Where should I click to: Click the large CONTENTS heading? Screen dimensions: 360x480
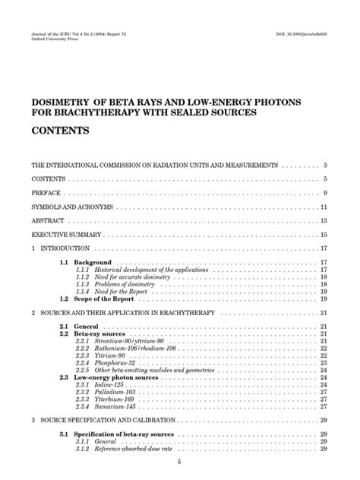point(60,131)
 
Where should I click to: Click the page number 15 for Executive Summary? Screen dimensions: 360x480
point(324,235)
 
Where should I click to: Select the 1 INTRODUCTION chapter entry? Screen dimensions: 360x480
point(54,248)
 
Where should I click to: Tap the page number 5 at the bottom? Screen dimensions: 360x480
point(179,462)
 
